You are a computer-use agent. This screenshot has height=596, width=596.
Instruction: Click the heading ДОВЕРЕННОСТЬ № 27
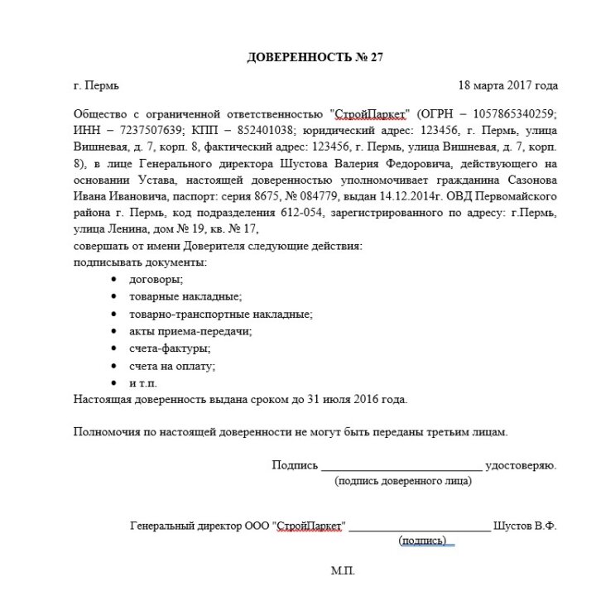315,57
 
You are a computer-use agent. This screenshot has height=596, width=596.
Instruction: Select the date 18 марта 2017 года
507,85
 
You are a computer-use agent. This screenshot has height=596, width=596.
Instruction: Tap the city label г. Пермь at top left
97,85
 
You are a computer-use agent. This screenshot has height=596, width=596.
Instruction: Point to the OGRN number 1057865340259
508,113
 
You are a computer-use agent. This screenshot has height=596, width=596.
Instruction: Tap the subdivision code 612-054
300,214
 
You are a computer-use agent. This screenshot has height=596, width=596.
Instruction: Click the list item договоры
156,280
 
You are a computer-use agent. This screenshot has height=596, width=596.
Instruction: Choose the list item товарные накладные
185,296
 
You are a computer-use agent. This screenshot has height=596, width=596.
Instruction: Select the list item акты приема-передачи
190,331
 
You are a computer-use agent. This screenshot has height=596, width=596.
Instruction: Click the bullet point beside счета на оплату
113,366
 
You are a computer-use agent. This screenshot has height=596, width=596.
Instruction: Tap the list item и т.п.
143,383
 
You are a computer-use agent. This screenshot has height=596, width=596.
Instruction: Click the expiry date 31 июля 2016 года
356,400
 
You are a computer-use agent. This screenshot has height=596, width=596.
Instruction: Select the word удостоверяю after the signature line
521,465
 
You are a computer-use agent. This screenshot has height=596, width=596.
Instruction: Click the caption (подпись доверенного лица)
402,482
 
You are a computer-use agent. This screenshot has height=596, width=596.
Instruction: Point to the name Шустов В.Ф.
525,526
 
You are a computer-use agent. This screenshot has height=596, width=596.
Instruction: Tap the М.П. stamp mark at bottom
343,571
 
